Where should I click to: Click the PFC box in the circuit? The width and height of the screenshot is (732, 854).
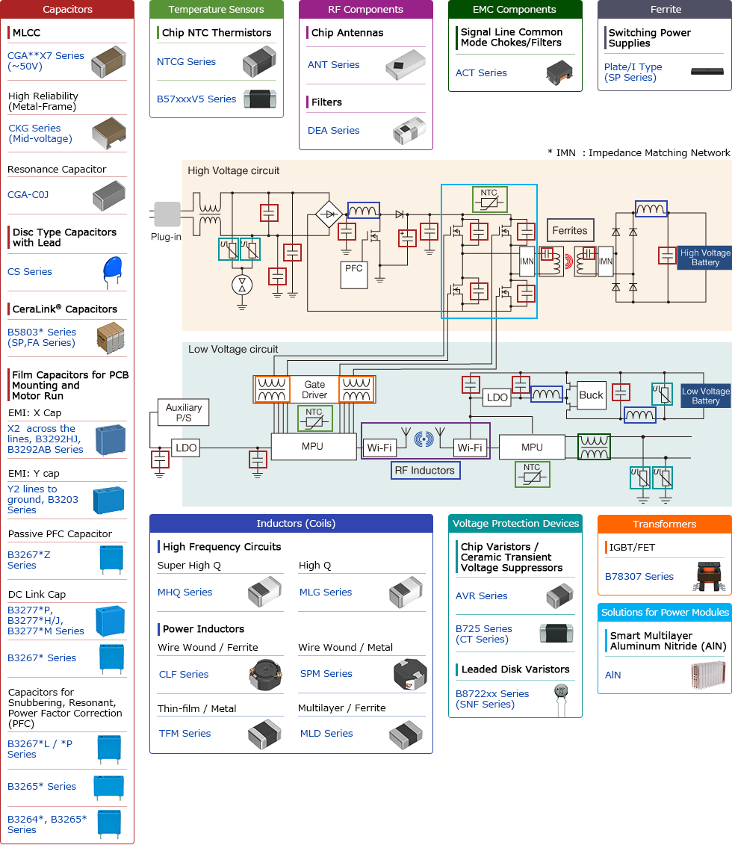(x=354, y=269)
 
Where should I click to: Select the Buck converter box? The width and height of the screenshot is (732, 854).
(x=591, y=396)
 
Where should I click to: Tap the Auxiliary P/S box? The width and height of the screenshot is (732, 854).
(x=183, y=412)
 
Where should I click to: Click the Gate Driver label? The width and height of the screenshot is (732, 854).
(x=314, y=390)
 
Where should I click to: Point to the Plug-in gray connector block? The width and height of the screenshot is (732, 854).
(x=167, y=214)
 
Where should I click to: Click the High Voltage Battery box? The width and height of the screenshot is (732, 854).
(x=704, y=258)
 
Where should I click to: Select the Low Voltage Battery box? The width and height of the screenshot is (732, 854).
(x=705, y=396)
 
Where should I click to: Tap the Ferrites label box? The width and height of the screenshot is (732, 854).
(x=570, y=231)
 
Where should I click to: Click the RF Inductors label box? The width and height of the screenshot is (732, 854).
(x=425, y=471)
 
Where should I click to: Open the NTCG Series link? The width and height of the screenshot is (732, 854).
(x=186, y=62)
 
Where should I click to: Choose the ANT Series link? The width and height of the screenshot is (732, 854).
(x=334, y=65)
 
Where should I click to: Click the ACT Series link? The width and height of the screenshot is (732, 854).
(x=481, y=73)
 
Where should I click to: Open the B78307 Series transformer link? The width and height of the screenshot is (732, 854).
(x=639, y=577)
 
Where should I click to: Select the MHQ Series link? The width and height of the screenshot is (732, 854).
(x=184, y=592)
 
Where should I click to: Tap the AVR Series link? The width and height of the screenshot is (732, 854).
(x=481, y=596)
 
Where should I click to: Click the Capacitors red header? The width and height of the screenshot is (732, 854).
(x=67, y=10)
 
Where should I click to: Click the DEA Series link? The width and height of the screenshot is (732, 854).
(x=334, y=131)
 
